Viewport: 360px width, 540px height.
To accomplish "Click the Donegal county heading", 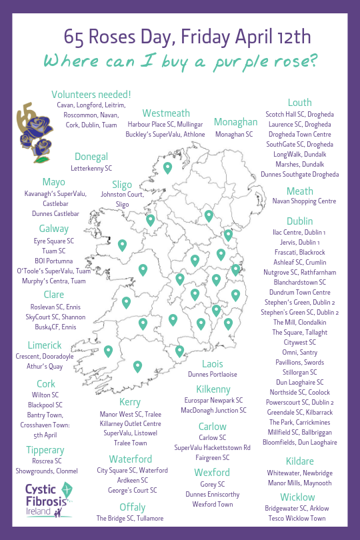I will [91, 157].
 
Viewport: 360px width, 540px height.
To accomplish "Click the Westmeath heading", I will [166, 113].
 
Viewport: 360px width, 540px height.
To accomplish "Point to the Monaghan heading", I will [235, 122].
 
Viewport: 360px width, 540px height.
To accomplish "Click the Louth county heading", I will [299, 103].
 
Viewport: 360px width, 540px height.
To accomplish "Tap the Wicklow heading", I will [297, 497].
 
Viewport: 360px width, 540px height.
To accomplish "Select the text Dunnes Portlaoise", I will [213, 375].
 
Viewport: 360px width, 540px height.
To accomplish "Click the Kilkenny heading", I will [213, 389].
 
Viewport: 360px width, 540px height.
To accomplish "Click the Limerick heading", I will [45, 345].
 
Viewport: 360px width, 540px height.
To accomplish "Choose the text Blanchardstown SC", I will [299, 282].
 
